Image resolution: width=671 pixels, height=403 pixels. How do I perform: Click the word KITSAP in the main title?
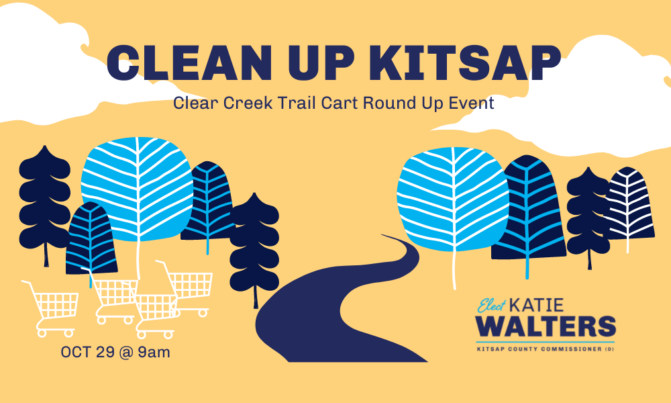coord(468,62)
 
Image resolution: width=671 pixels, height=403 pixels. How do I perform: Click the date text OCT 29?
coord(88,352)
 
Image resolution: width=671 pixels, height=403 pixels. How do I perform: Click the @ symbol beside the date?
coord(126,353)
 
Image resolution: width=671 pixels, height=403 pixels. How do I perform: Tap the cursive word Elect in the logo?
coord(492,306)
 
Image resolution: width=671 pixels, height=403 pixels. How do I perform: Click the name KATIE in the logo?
coord(537,306)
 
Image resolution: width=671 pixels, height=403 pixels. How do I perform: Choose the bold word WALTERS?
coord(546,326)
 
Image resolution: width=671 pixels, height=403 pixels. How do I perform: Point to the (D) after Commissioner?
coord(609,349)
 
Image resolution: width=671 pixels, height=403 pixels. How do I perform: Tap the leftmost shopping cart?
coord(51,308)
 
